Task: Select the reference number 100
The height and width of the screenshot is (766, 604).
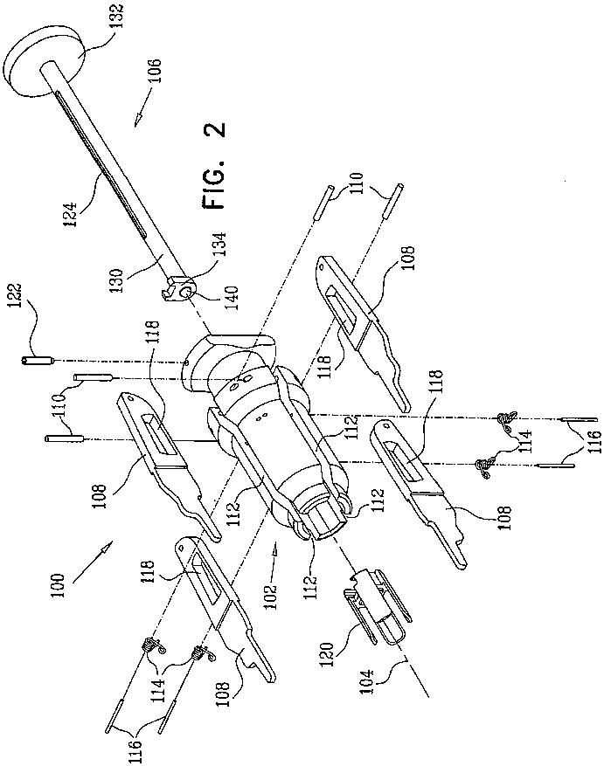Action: pyautogui.click(x=58, y=583)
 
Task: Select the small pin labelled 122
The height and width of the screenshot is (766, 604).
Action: pyautogui.click(x=34, y=359)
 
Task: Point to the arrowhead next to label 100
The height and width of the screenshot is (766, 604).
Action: pyautogui.click(x=106, y=548)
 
